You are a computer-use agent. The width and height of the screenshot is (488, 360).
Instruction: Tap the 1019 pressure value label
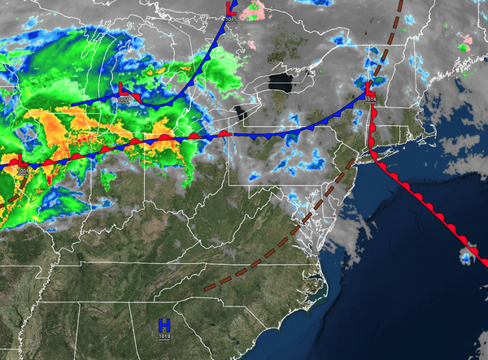(x=164, y=336)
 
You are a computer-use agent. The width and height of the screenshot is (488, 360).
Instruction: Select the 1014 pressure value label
(x=370, y=99)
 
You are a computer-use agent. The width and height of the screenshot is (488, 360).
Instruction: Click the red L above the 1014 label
(x=368, y=88)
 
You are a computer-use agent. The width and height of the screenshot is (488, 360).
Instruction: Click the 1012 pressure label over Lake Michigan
(x=124, y=99)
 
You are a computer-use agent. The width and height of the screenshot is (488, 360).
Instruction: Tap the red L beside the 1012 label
(x=122, y=89)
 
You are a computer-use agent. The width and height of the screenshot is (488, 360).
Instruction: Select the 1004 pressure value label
(x=21, y=171)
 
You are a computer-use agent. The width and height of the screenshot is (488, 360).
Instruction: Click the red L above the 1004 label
(x=20, y=160)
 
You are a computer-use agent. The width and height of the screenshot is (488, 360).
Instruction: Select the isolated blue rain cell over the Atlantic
(x=466, y=258)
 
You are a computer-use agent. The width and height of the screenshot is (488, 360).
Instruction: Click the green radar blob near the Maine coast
(x=464, y=47)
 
